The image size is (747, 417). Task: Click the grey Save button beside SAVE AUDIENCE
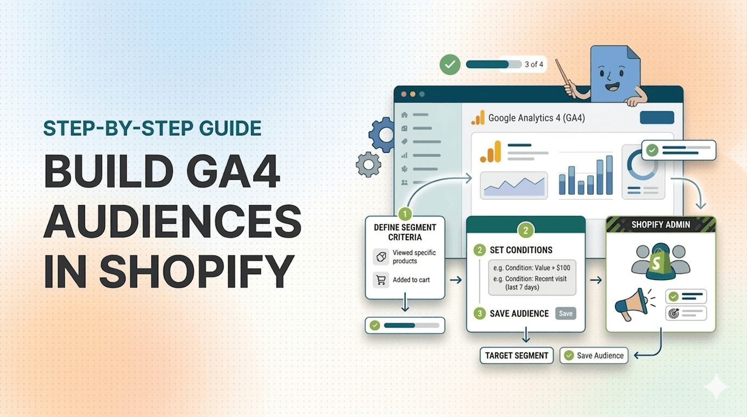click(566, 313)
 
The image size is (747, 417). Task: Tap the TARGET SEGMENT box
click(516, 356)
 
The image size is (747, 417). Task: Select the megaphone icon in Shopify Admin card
click(631, 304)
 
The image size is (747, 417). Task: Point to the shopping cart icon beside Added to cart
click(381, 280)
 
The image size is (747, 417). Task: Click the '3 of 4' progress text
click(533, 65)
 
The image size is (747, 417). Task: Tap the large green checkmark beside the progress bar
click(450, 65)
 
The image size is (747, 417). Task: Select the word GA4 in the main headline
click(234, 172)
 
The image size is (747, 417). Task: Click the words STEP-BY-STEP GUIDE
click(152, 129)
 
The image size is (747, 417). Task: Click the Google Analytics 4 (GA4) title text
click(536, 118)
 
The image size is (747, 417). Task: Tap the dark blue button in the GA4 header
click(657, 117)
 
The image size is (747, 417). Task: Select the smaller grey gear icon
click(368, 165)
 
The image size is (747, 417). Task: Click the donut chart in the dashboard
click(643, 165)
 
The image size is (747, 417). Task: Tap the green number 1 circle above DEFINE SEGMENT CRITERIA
click(404, 213)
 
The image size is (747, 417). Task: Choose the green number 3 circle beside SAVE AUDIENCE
click(479, 313)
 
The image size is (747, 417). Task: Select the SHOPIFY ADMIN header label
click(661, 225)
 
